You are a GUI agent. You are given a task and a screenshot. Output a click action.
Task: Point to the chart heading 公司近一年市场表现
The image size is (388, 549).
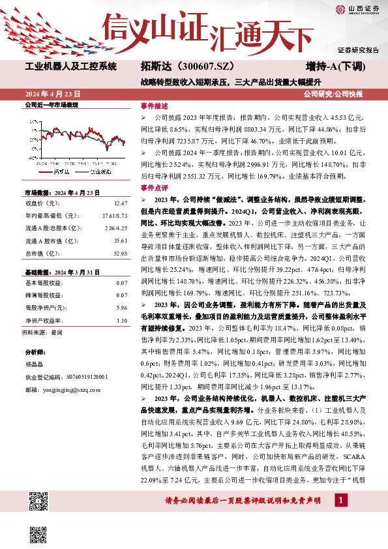(x=51, y=104)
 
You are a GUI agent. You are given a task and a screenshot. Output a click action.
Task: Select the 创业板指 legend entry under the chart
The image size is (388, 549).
(x=97, y=171)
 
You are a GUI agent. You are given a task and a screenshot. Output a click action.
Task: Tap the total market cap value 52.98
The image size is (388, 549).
(x=120, y=253)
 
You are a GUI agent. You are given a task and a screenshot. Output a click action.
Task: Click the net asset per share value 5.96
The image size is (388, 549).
(x=121, y=307)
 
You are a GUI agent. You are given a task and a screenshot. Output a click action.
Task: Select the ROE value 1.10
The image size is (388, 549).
(x=121, y=320)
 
